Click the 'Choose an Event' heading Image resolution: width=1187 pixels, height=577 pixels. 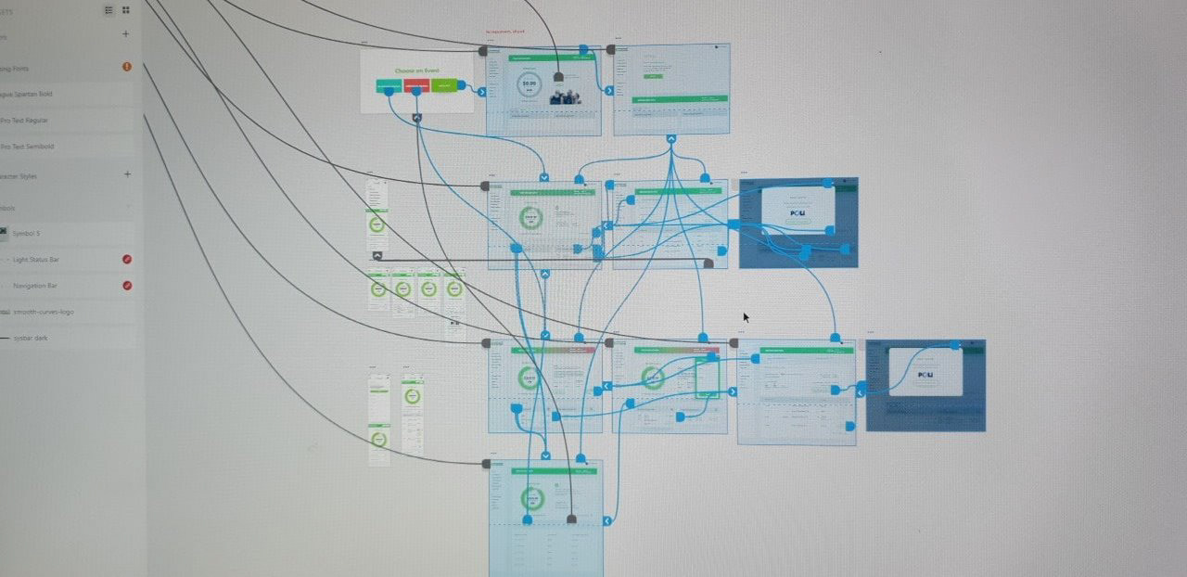coord(417,71)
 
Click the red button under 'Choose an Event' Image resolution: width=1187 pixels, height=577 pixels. coord(416,86)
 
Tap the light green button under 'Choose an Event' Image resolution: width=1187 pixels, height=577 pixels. coord(443,86)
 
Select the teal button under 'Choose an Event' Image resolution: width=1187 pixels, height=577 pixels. coord(389,86)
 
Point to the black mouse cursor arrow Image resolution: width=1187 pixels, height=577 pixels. coord(745,316)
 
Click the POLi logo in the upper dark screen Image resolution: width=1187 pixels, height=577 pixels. coord(798,212)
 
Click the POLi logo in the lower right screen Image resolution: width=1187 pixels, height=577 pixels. coord(925,375)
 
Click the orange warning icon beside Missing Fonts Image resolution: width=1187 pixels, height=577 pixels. coord(127,67)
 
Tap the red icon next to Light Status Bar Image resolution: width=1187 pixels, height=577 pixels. coord(127,260)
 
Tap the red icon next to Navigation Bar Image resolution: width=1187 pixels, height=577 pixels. coord(127,286)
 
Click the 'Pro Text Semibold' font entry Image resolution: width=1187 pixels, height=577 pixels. coord(28,147)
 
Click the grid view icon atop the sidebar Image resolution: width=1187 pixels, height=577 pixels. coord(126,9)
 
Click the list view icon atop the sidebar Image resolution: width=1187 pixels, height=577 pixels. coord(109,9)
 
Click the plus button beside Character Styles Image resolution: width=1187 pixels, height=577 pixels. coord(127,174)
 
